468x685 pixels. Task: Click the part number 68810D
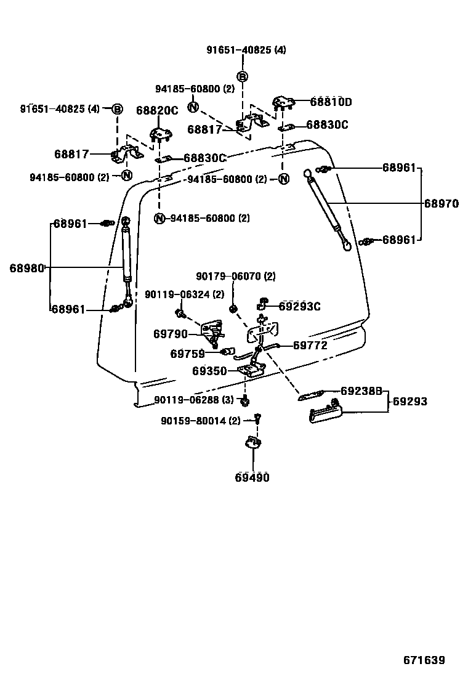[x=331, y=102]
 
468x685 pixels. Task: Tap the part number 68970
[x=441, y=204]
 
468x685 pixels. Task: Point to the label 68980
[x=27, y=268]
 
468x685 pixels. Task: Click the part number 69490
[x=252, y=477]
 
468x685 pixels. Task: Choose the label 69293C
[x=299, y=306]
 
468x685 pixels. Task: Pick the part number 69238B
[x=361, y=391]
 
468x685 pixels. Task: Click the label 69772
[x=310, y=346]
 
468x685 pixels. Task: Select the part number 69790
[x=171, y=334]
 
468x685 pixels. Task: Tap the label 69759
[x=187, y=354]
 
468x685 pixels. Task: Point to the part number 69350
[x=209, y=371]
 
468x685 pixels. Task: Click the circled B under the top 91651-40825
[x=243, y=76]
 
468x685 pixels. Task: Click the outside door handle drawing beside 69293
[x=325, y=416]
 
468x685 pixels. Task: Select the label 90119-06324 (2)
[x=184, y=295]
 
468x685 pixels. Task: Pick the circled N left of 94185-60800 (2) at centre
[x=159, y=218]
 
